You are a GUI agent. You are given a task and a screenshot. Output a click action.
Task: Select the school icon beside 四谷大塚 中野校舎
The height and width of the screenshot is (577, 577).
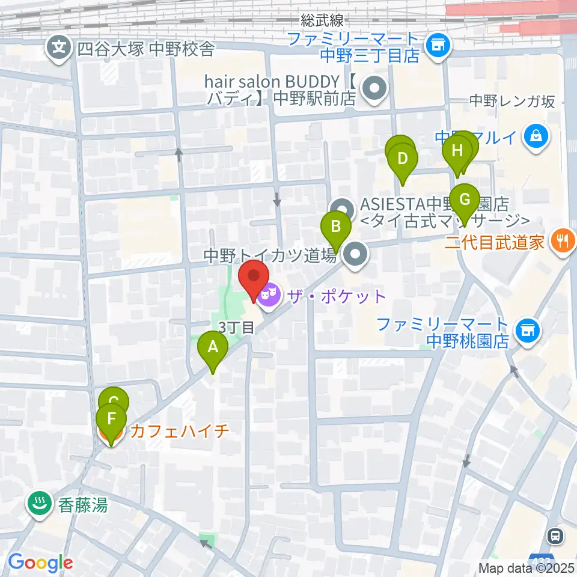[58, 49]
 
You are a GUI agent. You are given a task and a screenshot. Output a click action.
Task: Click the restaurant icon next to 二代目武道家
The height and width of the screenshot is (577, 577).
[563, 242]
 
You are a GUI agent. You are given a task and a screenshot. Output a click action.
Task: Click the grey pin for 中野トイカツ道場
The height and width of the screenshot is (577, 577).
[356, 255]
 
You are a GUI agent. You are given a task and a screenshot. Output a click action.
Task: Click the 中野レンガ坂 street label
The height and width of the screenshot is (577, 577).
[512, 101]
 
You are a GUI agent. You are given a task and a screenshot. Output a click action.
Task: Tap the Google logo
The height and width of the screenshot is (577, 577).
[40, 563]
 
